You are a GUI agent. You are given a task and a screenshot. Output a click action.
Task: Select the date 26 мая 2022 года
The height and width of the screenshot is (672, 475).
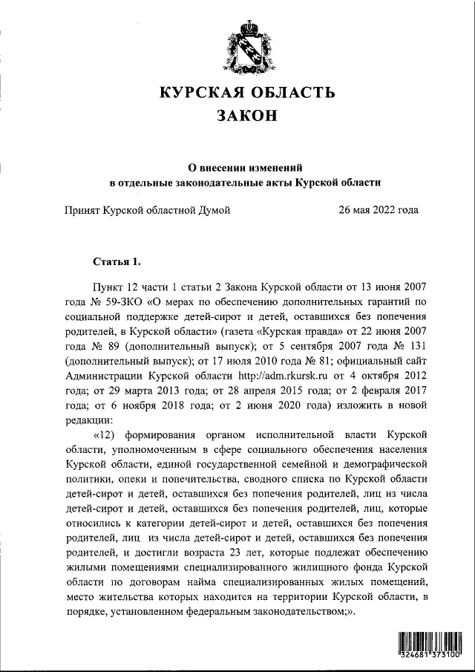378,210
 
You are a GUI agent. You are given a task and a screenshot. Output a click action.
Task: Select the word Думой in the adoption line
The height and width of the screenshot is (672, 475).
212,210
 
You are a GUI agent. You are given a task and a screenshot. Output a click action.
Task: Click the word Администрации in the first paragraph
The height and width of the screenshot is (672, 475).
103,377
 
